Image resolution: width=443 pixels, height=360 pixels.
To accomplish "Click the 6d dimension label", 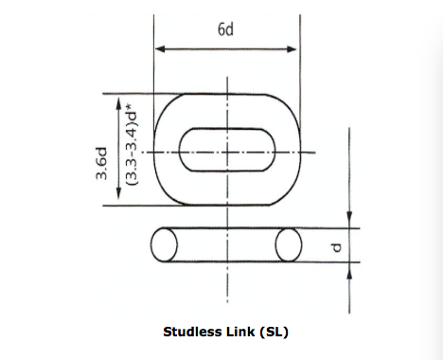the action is coord(225,29).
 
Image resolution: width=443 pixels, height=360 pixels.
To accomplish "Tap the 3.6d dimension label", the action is coord(101,163).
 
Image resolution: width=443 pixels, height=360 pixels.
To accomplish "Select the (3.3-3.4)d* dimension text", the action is coord(132,144).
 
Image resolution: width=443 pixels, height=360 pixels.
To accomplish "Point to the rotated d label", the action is coord(337,247).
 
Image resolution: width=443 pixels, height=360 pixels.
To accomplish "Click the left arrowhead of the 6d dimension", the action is coord(160,49).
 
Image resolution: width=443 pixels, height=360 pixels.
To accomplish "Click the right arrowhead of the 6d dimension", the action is coord(292,49).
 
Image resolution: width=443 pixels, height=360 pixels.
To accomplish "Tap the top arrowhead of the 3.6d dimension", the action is coord(118,103).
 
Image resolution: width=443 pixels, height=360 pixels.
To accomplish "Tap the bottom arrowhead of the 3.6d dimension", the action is coord(118,193).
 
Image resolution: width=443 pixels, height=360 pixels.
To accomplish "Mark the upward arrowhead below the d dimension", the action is coord(349,270).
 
